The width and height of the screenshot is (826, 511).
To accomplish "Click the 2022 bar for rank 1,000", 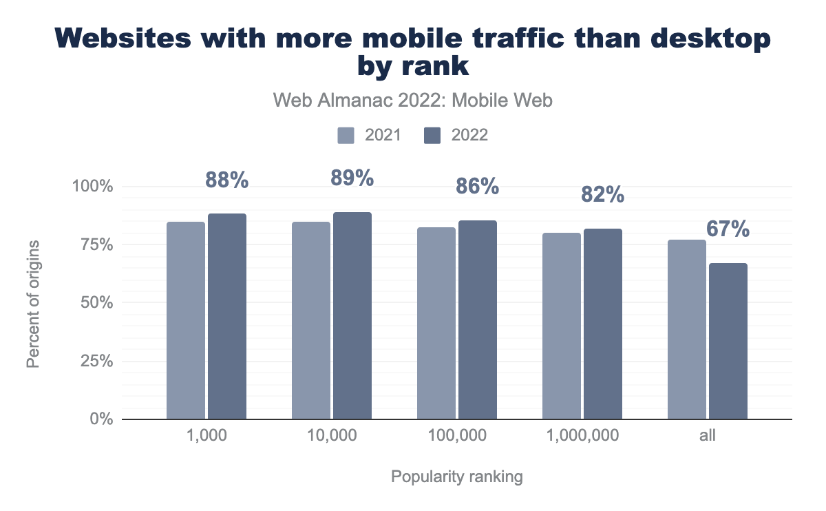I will click(227, 316).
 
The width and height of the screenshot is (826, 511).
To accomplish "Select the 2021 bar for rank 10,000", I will click(311, 320).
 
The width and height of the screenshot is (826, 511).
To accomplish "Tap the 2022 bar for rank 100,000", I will click(478, 320).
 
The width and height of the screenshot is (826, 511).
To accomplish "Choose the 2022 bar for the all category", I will click(728, 341).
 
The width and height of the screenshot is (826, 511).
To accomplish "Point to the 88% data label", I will click(227, 180).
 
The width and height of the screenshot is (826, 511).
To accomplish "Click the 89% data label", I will click(352, 178).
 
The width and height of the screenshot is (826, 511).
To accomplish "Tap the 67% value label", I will click(728, 229).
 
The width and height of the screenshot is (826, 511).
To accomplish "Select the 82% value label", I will click(603, 195).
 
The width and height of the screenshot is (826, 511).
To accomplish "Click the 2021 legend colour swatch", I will click(346, 135).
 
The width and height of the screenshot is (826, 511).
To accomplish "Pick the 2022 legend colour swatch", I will click(432, 135).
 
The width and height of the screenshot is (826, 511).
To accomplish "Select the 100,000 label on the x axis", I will click(457, 436).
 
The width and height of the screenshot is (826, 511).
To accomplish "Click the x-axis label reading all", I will click(708, 436).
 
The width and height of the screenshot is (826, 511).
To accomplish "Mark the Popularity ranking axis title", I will click(457, 477).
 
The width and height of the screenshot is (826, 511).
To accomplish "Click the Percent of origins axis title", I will click(33, 303).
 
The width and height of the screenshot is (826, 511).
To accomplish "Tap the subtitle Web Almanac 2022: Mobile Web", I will click(413, 101).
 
